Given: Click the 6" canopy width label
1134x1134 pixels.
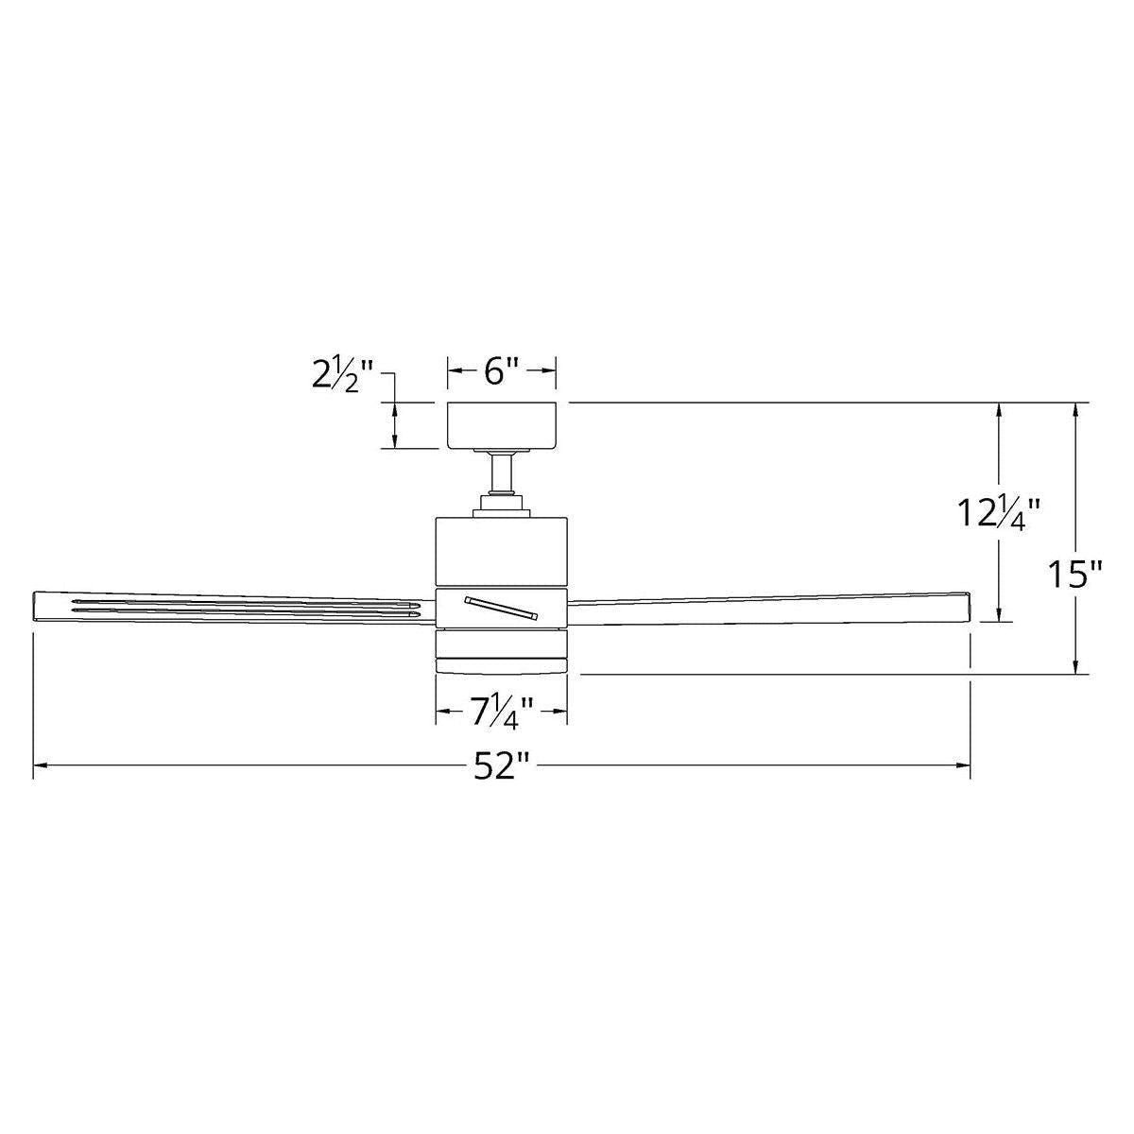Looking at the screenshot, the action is pos(502,372).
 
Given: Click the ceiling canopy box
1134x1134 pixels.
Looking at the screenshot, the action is pos(502,425).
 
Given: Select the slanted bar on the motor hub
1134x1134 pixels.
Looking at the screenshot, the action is pos(501,608).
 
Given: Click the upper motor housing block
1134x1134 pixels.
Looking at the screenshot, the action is pos(501,551).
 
